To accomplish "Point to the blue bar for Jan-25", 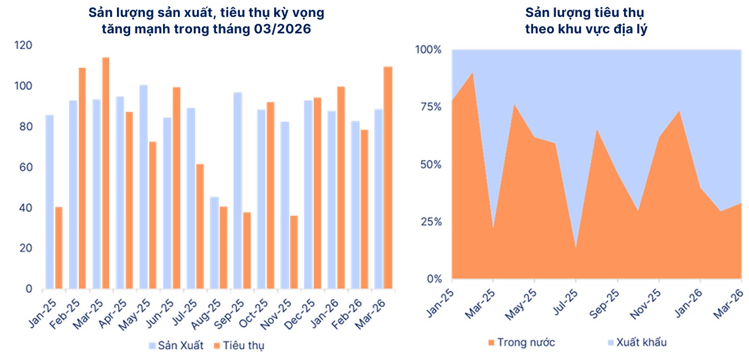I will (49, 202).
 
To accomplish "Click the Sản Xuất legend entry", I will (177, 346).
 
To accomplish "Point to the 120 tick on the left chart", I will (24, 46).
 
